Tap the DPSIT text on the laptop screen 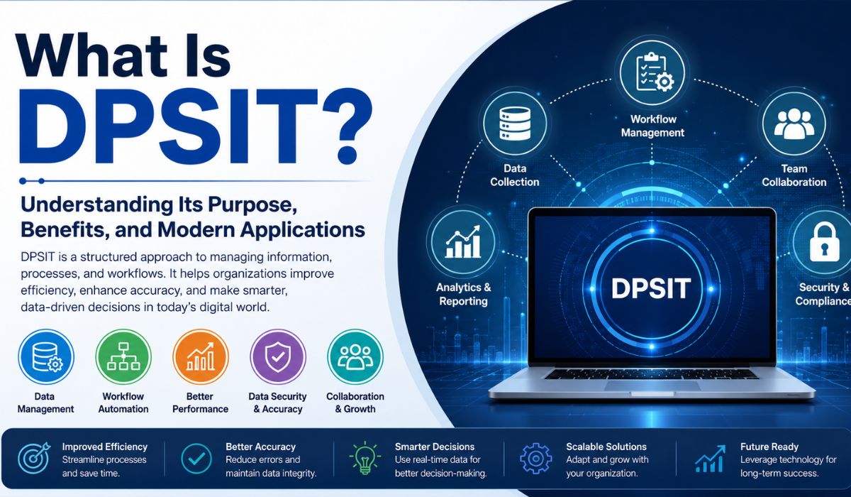click(651, 288)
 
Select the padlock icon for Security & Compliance click(824, 243)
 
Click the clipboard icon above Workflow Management click(652, 72)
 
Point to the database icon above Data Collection click(515, 124)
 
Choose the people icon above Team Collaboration click(794, 124)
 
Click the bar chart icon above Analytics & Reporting click(462, 242)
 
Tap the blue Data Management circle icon click(46, 356)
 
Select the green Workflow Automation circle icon click(123, 356)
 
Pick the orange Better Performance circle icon click(201, 356)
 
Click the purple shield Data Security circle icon click(278, 356)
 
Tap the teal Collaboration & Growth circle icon click(355, 356)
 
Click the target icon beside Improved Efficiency click(34, 458)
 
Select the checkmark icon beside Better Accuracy click(196, 459)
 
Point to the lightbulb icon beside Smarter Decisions click(365, 458)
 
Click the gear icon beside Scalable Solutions click(535, 459)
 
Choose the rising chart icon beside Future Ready click(710, 459)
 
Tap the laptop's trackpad click(652, 386)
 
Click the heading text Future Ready click(769, 447)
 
